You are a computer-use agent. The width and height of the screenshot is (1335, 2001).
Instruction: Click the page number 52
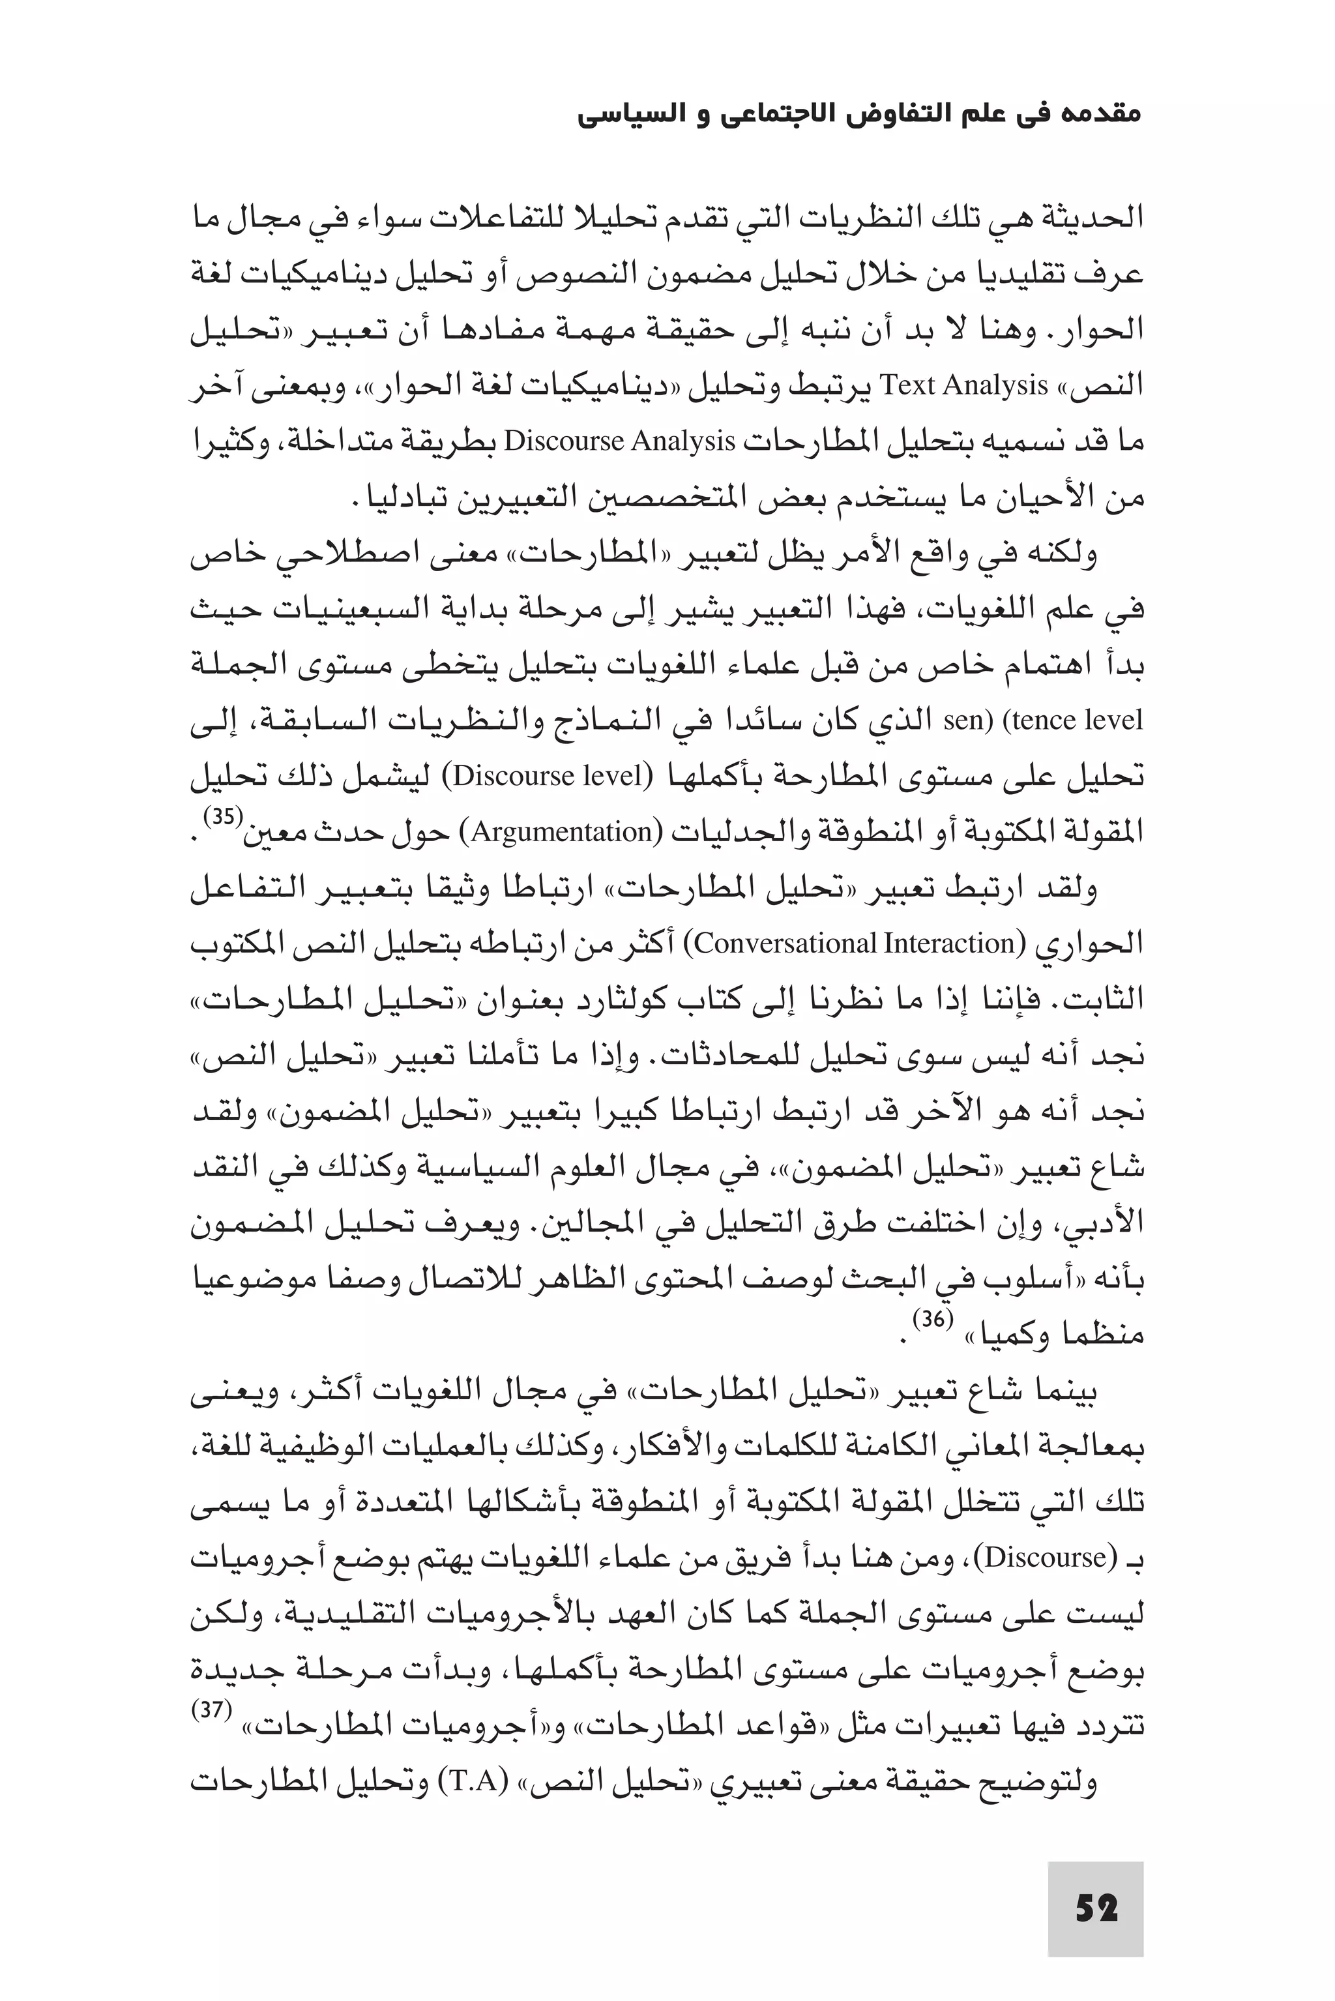pos(1095,1909)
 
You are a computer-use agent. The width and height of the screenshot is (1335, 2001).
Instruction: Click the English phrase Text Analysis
pos(963,387)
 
